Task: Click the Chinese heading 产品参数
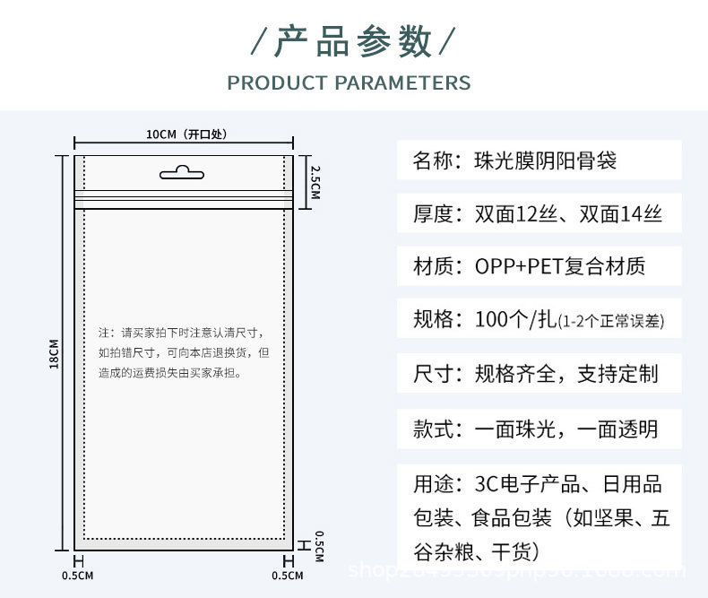click(353, 41)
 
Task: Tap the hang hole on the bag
click(183, 172)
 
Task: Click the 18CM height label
click(54, 354)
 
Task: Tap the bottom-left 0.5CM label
click(77, 575)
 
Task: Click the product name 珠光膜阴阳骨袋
click(546, 162)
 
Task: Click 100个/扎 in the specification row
click(515, 319)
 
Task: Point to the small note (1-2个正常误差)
click(611, 321)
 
